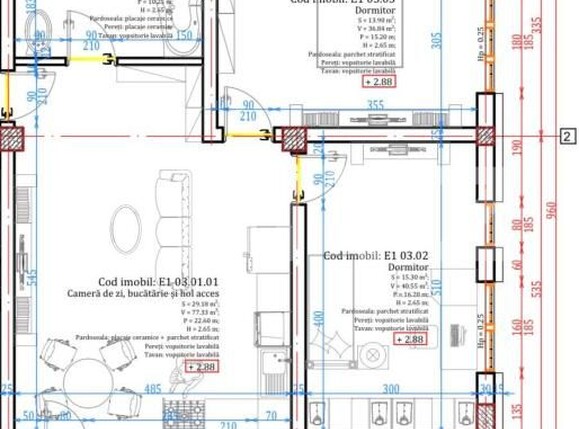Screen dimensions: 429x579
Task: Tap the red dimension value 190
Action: point(517,145)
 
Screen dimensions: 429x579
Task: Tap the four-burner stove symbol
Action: point(184,413)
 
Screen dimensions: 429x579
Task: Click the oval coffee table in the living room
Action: point(126,229)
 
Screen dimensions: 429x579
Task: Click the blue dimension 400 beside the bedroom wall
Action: point(317,322)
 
